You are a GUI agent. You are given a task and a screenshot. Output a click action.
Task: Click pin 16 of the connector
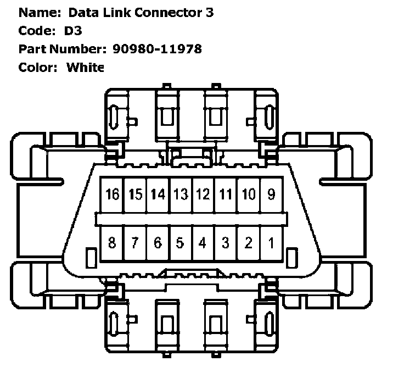(x=112, y=194)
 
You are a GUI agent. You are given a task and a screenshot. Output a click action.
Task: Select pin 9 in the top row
(x=271, y=194)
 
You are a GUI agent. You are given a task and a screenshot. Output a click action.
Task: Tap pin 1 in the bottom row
(x=271, y=243)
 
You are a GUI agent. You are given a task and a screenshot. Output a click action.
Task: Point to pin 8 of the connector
(x=112, y=243)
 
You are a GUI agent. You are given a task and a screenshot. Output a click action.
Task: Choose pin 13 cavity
(x=181, y=194)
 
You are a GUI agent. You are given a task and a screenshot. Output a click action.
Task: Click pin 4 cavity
(x=203, y=243)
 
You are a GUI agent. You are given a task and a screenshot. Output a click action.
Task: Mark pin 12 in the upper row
(x=203, y=194)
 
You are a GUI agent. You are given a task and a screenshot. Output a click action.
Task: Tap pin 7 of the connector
(x=135, y=243)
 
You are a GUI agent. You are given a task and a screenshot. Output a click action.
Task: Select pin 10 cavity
(x=249, y=194)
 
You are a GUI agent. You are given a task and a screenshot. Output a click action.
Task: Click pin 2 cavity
(x=249, y=243)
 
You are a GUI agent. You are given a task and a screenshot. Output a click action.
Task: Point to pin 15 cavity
(x=135, y=194)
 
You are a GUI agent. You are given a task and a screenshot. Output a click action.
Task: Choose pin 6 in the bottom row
(x=158, y=243)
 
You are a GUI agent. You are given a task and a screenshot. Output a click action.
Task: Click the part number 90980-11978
(x=157, y=49)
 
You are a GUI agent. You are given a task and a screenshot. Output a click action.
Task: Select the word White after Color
(x=85, y=68)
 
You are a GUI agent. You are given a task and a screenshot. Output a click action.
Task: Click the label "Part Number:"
(x=62, y=49)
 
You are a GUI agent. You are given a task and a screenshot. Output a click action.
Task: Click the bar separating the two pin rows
(x=192, y=219)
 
